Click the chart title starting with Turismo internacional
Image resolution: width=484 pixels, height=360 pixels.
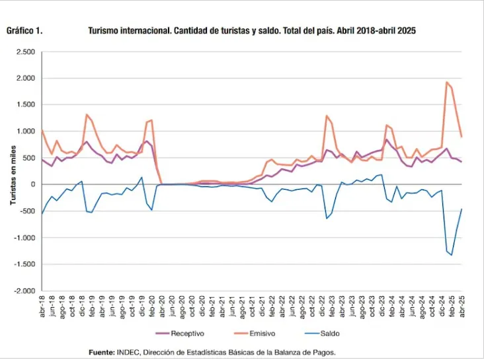click(x=251, y=30)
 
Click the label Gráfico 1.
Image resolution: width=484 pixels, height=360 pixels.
click(x=25, y=30)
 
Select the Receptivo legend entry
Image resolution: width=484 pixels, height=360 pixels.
click(x=180, y=334)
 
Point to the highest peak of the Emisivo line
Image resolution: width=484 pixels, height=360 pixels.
click(x=447, y=83)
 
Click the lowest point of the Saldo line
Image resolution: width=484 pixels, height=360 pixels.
click(x=452, y=255)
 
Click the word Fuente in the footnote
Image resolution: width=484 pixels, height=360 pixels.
click(x=101, y=352)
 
